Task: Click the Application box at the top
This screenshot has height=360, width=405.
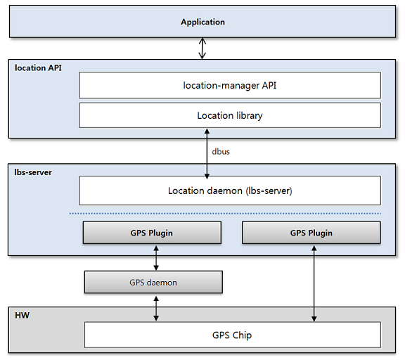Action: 202,22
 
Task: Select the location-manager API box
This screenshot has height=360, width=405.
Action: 230,85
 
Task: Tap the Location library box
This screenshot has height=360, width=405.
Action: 230,115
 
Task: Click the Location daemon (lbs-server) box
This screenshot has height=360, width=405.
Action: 230,191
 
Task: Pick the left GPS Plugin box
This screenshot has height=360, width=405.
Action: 151,233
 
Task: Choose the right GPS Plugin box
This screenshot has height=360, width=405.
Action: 311,233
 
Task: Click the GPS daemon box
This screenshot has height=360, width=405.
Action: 153,282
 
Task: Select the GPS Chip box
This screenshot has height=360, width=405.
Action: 232,335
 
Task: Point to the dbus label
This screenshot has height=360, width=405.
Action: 220,151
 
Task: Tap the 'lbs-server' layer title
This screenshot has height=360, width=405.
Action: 33,172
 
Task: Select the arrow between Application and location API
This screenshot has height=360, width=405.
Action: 202,48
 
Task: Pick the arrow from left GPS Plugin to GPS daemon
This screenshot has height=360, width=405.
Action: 155,257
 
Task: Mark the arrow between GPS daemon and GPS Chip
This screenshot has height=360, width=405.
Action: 155,307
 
